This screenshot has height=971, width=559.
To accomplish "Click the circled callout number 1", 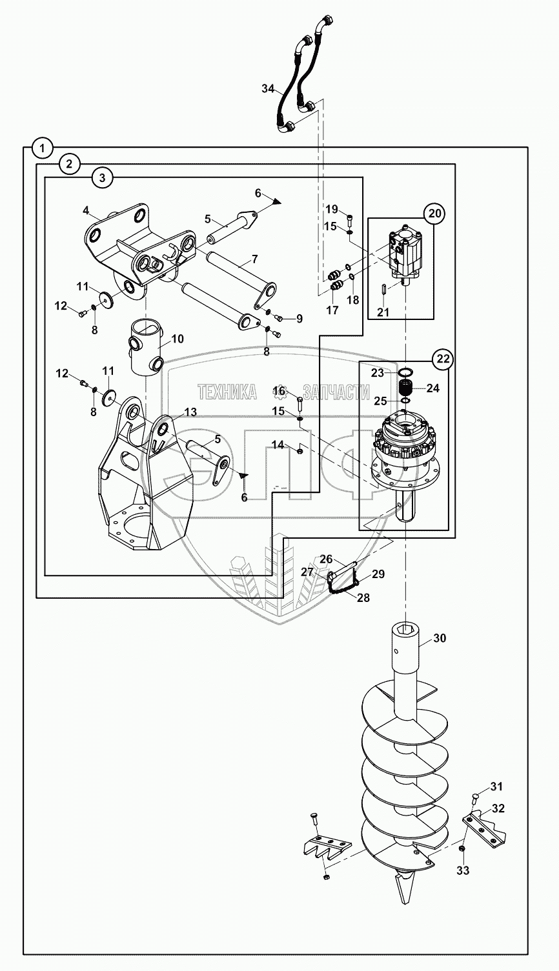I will point(42,148).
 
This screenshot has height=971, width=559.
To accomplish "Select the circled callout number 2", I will point(69,164).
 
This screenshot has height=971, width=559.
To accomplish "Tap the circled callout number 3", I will point(101,177).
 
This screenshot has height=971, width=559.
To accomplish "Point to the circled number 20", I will point(434,213).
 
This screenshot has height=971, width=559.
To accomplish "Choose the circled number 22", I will point(443,359).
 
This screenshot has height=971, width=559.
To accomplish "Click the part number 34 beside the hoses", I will point(269,88).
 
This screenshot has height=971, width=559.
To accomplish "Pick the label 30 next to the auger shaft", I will point(439,638).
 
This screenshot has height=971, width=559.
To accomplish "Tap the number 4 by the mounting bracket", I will point(86,210).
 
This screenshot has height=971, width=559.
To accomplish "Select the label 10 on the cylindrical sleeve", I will point(178,338).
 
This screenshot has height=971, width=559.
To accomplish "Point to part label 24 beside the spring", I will point(432,388).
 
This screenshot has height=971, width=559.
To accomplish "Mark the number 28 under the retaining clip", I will point(363,598).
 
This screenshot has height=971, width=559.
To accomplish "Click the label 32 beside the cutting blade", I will point(498,808).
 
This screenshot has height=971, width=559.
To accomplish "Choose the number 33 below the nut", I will point(463,870).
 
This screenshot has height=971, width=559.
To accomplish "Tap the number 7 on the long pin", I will point(254,259).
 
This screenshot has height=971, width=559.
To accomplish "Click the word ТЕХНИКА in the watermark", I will point(227,392).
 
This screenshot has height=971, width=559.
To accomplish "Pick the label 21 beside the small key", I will point(383,312).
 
